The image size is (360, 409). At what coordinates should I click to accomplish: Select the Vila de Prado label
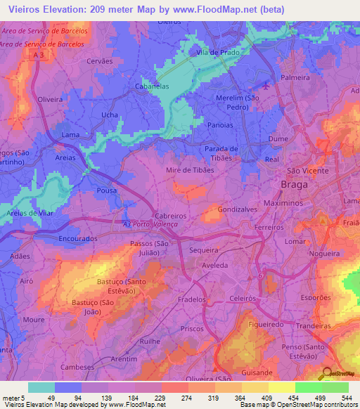[218, 53]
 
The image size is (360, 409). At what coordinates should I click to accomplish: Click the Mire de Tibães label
[189, 170]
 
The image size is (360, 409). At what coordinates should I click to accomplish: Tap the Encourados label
[78, 238]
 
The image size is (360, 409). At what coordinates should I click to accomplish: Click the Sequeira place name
[204, 249]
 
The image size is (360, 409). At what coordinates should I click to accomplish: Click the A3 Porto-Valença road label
[150, 223]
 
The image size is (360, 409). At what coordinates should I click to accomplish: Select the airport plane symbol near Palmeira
[266, 86]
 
